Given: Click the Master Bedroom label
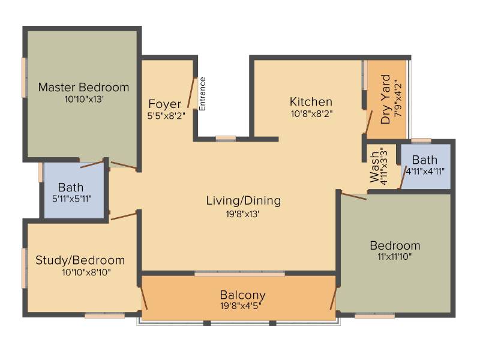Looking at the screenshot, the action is pyautogui.click(x=83, y=87).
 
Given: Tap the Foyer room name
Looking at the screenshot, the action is pyautogui.click(x=164, y=104).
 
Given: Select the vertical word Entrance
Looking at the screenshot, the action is pyautogui.click(x=202, y=94).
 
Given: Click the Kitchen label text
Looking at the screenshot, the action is pyautogui.click(x=311, y=101).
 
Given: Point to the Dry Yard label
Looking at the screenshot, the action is pyautogui.click(x=385, y=99).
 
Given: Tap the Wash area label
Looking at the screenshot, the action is pyautogui.click(x=374, y=167).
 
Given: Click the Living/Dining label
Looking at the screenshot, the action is pyautogui.click(x=244, y=200).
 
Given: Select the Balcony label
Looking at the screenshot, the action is pyautogui.click(x=243, y=295).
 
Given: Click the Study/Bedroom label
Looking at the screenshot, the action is pyautogui.click(x=80, y=260).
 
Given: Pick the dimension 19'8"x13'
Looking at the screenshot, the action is pyautogui.click(x=242, y=214).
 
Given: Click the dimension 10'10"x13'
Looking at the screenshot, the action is pyautogui.click(x=84, y=99).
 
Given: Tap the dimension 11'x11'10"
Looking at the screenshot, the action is pyautogui.click(x=395, y=256).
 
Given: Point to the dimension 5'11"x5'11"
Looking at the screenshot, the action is pyautogui.click(x=71, y=199).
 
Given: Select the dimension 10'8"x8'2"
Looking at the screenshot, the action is pyautogui.click(x=311, y=113).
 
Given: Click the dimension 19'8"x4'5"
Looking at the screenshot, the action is pyautogui.click(x=241, y=305).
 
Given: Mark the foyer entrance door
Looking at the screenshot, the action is pyautogui.click(x=191, y=93).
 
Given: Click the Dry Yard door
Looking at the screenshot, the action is pyautogui.click(x=369, y=122).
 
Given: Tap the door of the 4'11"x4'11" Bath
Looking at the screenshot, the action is pyautogui.click(x=403, y=178).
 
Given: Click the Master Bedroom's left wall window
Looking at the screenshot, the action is pyautogui.click(x=24, y=77).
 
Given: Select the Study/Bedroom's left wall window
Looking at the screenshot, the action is pyautogui.click(x=24, y=268).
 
